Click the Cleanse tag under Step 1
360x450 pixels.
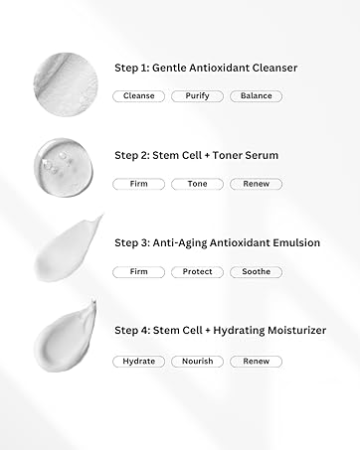(x=138, y=96)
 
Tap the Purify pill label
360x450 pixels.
(x=197, y=96)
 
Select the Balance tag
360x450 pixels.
(x=256, y=96)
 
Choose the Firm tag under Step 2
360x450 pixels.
(x=138, y=184)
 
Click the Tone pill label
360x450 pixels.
(x=197, y=184)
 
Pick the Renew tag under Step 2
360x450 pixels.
(x=256, y=184)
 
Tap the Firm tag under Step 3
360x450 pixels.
(x=138, y=272)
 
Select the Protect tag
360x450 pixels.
(x=197, y=272)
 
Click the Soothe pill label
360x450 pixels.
(x=256, y=272)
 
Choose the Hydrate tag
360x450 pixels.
(x=138, y=362)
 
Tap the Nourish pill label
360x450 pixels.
(x=197, y=362)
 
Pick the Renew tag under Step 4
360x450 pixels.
(x=256, y=362)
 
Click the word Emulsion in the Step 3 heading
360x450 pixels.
(x=296, y=242)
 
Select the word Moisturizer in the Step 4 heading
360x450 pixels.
(x=297, y=330)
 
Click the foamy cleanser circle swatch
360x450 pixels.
(x=66, y=84)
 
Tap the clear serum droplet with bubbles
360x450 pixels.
(x=64, y=168)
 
